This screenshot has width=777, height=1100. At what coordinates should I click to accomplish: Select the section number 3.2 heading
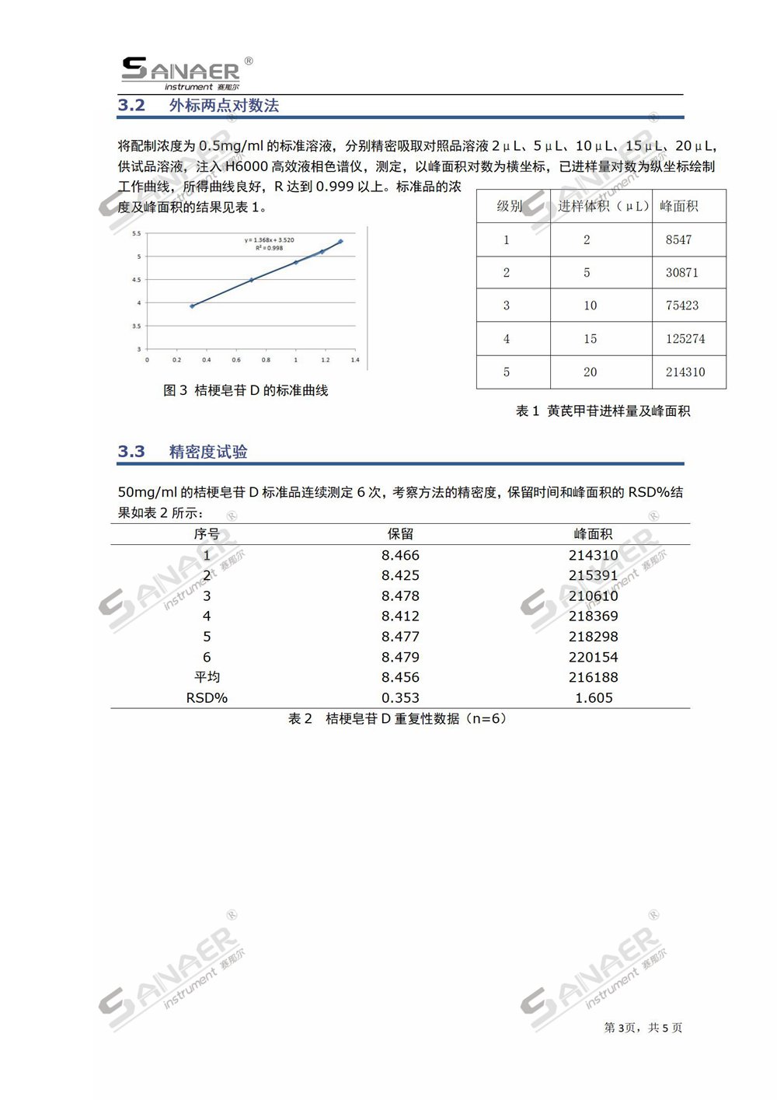[131, 106]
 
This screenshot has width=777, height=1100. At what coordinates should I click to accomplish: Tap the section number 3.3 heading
[131, 452]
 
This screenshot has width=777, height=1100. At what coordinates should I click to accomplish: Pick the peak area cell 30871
[681, 273]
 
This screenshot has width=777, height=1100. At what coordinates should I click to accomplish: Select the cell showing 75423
[681, 306]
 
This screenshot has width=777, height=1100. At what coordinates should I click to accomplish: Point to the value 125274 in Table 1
[685, 339]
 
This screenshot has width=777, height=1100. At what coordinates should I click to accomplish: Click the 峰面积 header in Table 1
[678, 206]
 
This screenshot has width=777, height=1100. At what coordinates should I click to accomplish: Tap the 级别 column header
[510, 206]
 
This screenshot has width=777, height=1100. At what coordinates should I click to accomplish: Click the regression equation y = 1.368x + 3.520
[269, 240]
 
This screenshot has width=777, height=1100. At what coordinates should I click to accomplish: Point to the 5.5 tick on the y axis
[136, 233]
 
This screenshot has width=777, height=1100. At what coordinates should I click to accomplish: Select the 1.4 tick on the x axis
[354, 360]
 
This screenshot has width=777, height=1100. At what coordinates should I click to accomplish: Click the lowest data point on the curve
[192, 306]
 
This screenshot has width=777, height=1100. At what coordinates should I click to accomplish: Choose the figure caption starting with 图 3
[246, 390]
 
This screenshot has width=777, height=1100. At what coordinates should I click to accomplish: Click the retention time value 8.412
[400, 616]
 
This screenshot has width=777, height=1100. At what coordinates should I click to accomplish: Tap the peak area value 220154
[593, 657]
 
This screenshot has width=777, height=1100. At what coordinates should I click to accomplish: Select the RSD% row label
[207, 698]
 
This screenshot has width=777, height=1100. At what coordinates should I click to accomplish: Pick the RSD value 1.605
[594, 698]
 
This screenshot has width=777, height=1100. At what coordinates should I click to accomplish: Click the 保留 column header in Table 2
[400, 534]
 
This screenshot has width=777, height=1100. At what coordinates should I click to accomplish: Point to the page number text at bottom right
[643, 1028]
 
